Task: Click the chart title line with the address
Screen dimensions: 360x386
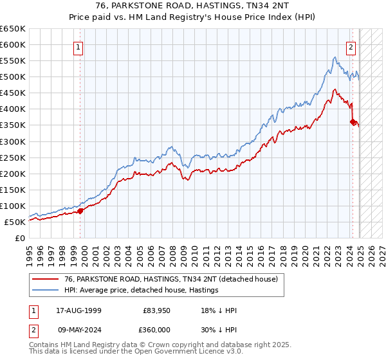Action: tap(193, 6)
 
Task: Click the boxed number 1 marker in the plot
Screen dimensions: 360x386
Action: tap(78, 46)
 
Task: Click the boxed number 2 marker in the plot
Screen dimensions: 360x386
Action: tap(351, 46)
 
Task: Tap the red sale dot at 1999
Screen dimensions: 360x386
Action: tap(80, 210)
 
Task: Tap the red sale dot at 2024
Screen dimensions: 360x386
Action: tap(353, 122)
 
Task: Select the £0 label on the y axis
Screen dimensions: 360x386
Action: tap(21, 238)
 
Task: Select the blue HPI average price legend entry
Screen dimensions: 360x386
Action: tap(142, 290)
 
